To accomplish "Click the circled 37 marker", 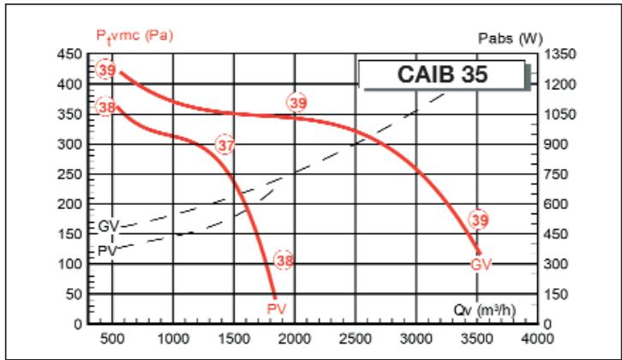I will tap(224, 146).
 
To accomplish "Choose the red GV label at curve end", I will tap(481, 263).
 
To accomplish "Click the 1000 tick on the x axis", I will tap(173, 338).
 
